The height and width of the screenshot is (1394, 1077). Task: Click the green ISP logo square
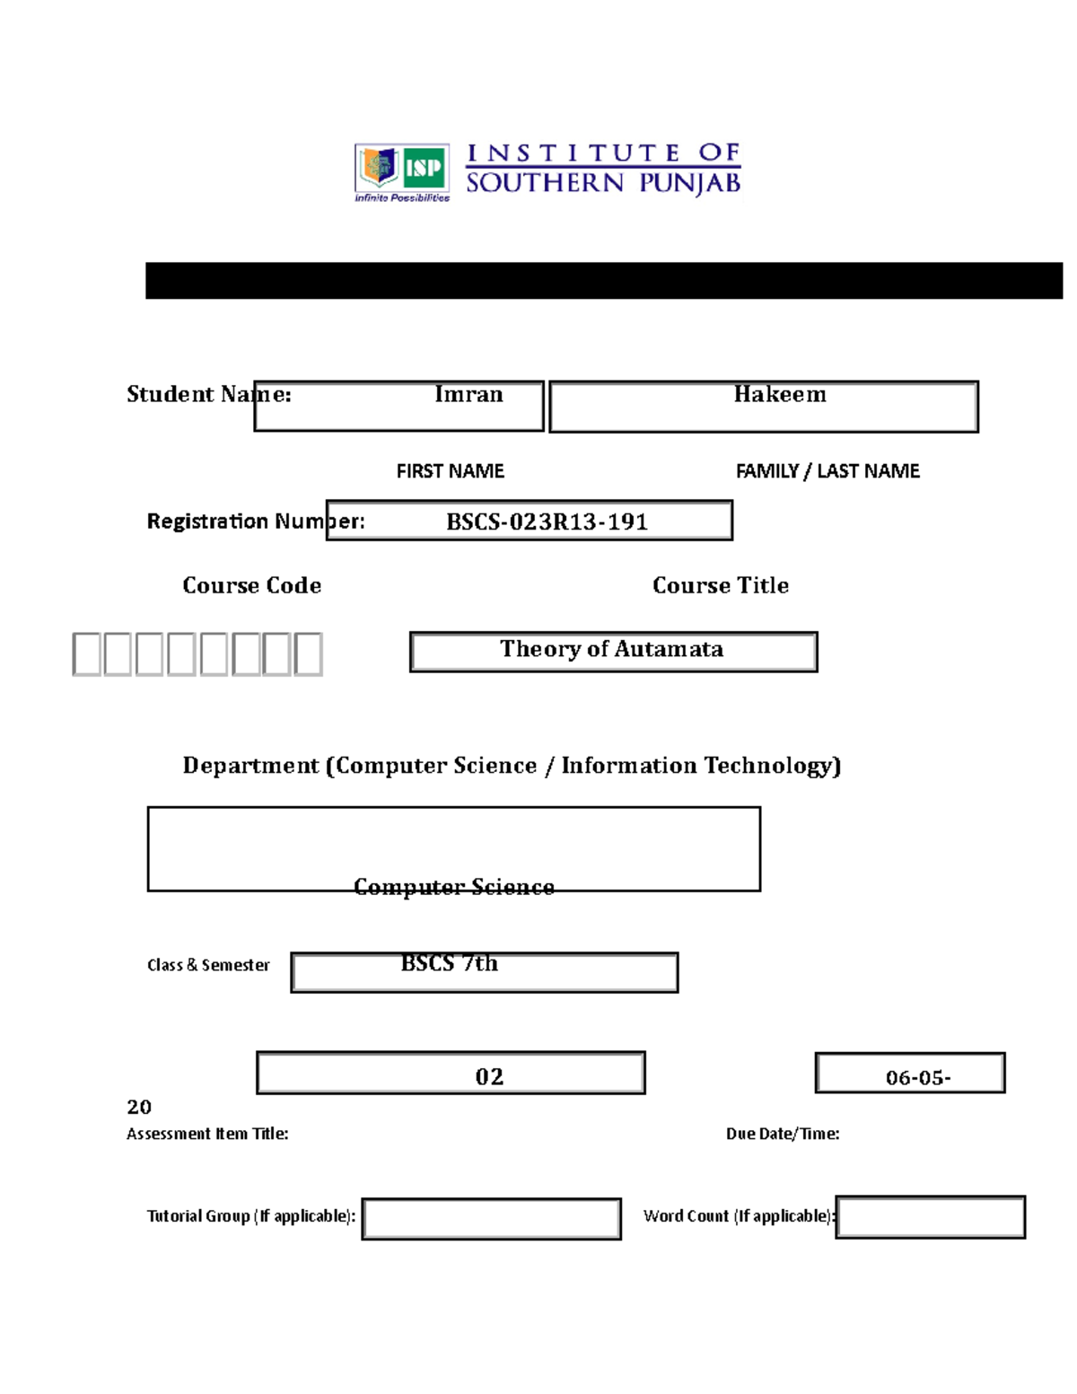pos(425,167)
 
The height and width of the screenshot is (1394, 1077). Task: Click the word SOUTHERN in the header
pos(544,183)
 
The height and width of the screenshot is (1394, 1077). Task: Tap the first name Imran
pos(468,395)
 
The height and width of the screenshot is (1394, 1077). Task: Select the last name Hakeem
pos(779,395)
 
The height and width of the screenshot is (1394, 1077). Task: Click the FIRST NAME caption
pos(450,471)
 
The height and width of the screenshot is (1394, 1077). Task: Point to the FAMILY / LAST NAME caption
pos(827,471)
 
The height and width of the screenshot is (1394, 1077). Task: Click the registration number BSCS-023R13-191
pos(547,522)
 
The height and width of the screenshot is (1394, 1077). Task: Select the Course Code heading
pos(251,585)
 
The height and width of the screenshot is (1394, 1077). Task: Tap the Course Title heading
pos(720,585)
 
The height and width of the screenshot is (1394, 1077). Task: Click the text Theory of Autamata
pos(611,649)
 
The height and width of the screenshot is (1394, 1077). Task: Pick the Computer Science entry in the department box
pos(453,887)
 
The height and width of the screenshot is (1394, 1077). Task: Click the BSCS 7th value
pos(449,963)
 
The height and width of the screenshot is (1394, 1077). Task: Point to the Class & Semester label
pos(208,965)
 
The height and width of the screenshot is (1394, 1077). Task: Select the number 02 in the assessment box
pos(489,1076)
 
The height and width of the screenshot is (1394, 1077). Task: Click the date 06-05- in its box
pos(917,1077)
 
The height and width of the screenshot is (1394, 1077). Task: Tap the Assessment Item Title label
pos(207,1134)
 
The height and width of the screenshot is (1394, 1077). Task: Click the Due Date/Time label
pos(783,1134)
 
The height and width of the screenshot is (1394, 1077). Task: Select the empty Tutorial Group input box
pos(492,1219)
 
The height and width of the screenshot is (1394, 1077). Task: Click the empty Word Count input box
pos(931,1218)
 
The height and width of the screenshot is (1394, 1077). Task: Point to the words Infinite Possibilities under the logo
pos(402,197)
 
